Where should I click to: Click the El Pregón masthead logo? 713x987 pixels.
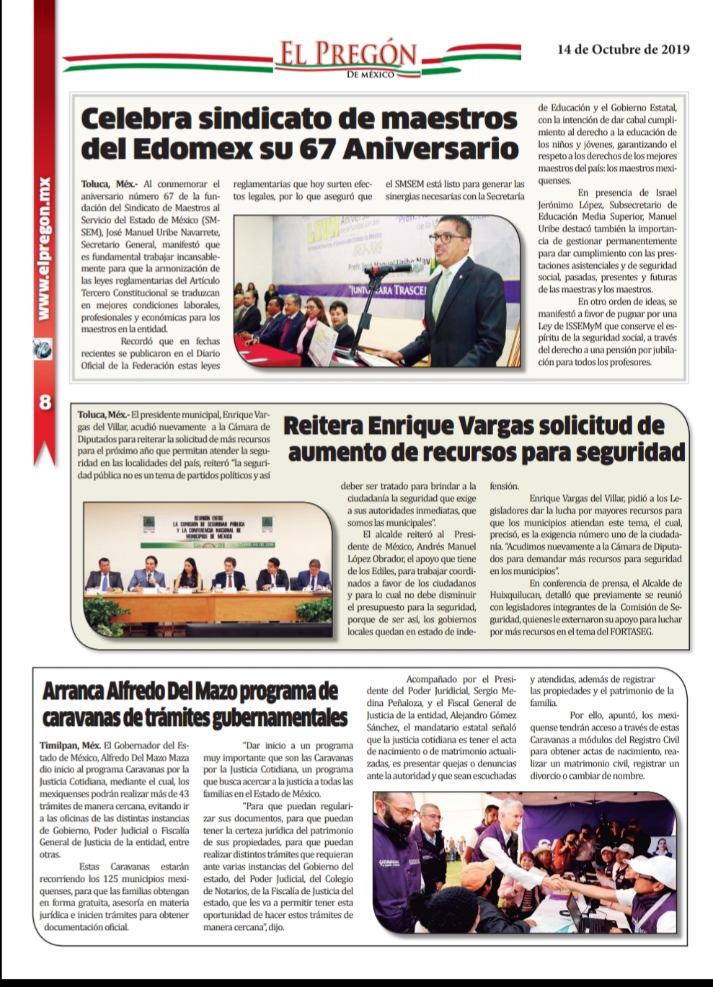click(x=347, y=56)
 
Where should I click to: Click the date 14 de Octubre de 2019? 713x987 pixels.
click(x=623, y=49)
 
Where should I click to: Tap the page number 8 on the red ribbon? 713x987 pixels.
click(x=45, y=402)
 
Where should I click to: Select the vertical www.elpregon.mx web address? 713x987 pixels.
click(x=44, y=249)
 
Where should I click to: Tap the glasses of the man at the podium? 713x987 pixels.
click(x=447, y=237)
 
